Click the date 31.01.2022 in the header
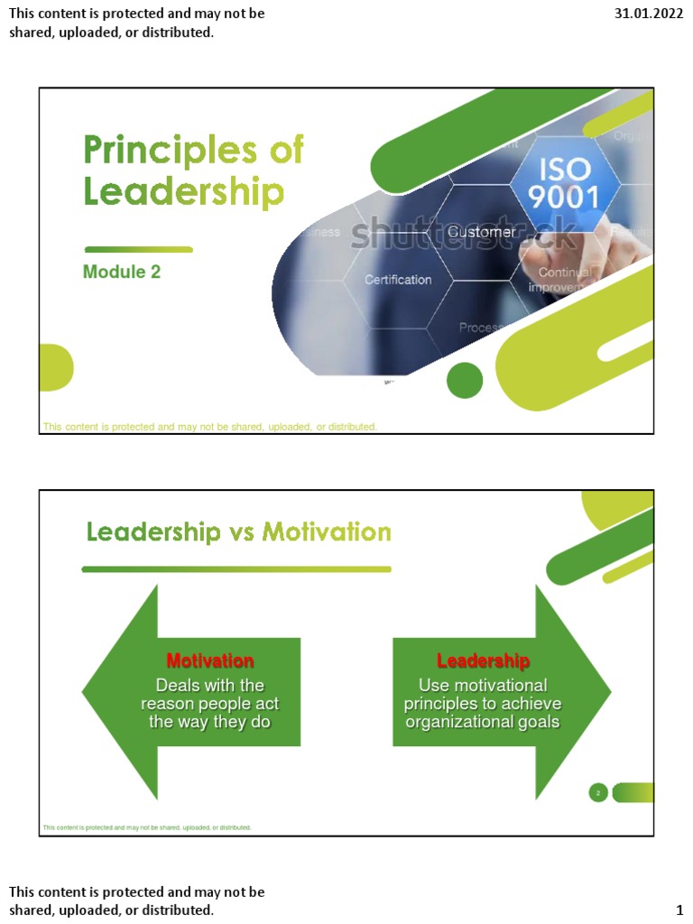pyautogui.click(x=649, y=14)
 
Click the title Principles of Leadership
pyautogui.click(x=193, y=171)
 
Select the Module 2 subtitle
pyautogui.click(x=122, y=272)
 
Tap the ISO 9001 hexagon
pyautogui.click(x=564, y=183)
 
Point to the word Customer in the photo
pyautogui.click(x=482, y=233)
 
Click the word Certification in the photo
pyautogui.click(x=398, y=280)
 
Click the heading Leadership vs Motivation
pyautogui.click(x=238, y=531)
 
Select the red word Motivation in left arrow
pyautogui.click(x=210, y=661)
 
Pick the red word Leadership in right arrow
pyautogui.click(x=483, y=661)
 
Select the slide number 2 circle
pyautogui.click(x=598, y=793)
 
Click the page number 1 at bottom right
pyautogui.click(x=679, y=910)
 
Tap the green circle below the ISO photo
pyautogui.click(x=465, y=380)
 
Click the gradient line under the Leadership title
pyautogui.click(x=138, y=249)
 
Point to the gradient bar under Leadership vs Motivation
pyautogui.click(x=236, y=569)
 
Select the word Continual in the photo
pyautogui.click(x=564, y=273)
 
